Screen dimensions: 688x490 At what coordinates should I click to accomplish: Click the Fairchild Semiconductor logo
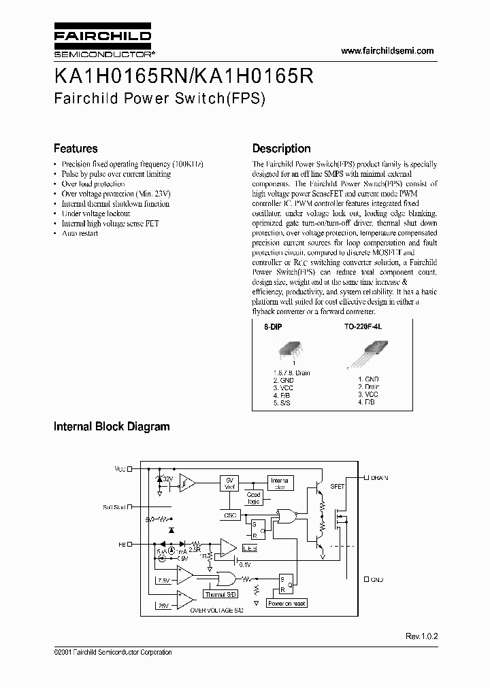[102, 42]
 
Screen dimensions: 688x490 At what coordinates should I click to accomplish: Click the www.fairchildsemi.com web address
[387, 51]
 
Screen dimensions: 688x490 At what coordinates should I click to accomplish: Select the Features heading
[76, 148]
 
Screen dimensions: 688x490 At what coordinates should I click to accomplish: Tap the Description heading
[281, 148]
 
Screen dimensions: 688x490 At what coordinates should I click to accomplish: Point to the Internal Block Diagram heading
[112, 427]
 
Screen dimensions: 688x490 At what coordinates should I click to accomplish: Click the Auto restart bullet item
[80, 233]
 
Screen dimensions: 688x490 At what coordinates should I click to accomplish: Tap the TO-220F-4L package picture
[367, 355]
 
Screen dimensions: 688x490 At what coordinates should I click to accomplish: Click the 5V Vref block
[229, 483]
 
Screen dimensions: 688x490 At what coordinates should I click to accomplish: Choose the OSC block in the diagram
[229, 515]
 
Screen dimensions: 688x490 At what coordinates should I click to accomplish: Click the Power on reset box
[287, 604]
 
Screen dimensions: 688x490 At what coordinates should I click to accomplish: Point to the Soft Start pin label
[113, 506]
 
